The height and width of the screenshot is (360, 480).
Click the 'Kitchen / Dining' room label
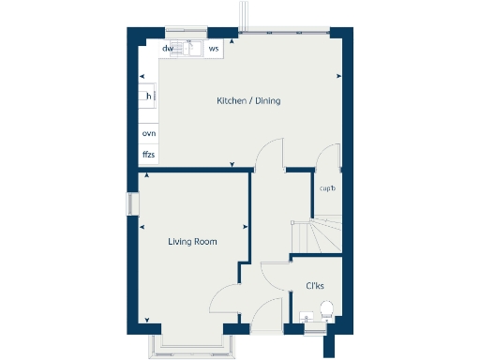[x=248, y=101]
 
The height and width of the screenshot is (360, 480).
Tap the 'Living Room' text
[x=192, y=242]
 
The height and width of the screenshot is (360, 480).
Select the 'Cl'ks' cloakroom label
[x=316, y=286]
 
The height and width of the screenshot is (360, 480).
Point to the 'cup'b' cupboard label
[x=327, y=188]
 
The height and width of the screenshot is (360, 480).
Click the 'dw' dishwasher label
[x=168, y=48]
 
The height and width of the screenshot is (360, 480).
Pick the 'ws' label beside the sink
[x=214, y=48]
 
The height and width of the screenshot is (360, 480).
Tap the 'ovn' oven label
[x=148, y=134]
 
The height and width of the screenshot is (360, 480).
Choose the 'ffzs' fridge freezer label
[x=148, y=154]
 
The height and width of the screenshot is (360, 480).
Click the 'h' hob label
[x=147, y=96]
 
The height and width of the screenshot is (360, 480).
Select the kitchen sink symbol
[x=191, y=48]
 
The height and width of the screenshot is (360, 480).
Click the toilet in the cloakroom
[x=327, y=310]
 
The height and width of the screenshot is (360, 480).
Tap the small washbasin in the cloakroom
[x=307, y=319]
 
